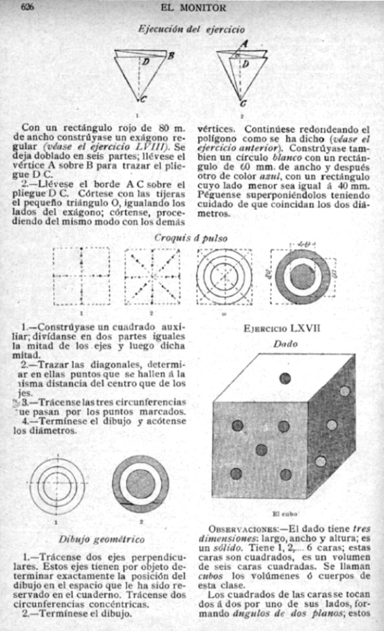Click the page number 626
tap(27, 8)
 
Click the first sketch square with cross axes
tap(82, 276)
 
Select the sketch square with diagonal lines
tap(152, 276)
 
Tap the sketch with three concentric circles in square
tap(224, 276)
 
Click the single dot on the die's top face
tap(286, 378)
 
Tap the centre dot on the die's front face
tap(261, 450)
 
